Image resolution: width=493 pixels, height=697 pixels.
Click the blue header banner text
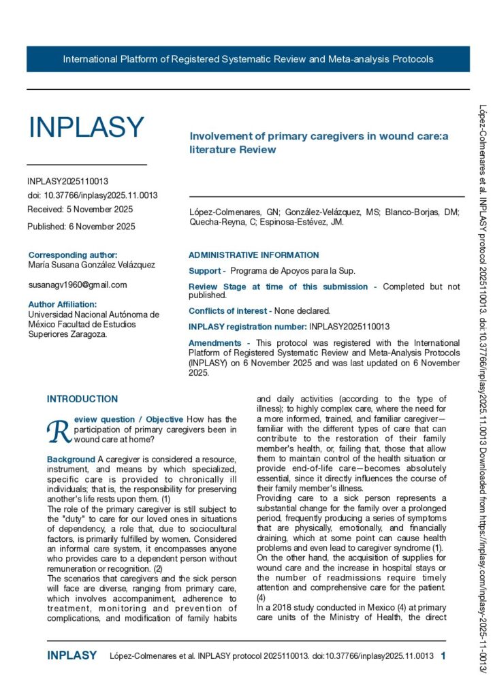coord(248,59)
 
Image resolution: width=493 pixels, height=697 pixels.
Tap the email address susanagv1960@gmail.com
coord(78,285)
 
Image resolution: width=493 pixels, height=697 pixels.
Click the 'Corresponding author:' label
coord(73,255)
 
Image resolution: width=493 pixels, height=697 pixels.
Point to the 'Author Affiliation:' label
coord(63,304)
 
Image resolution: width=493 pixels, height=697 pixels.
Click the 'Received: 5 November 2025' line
coord(80,209)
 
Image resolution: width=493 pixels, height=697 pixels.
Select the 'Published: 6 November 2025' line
coord(81,226)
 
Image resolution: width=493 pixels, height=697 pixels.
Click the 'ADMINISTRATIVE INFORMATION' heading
coord(253,255)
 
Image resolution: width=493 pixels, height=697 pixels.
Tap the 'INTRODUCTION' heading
coord(82,399)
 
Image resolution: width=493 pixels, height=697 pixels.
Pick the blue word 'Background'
coord(71,459)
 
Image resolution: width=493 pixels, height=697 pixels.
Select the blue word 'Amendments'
coord(214,343)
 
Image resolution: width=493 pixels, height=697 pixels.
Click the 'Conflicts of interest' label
coord(229,310)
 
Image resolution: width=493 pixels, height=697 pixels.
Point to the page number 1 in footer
coord(443,656)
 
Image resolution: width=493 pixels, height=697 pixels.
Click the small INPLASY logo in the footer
coord(71,656)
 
